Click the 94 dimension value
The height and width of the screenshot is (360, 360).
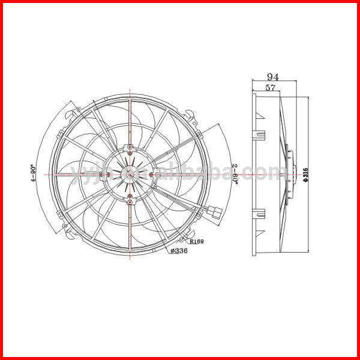(x=274, y=77)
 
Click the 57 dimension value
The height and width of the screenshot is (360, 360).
(x=269, y=88)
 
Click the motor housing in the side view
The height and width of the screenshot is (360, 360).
(x=290, y=174)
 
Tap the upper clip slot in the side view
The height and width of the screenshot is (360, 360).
(x=260, y=133)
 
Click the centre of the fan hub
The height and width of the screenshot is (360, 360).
(x=130, y=174)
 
